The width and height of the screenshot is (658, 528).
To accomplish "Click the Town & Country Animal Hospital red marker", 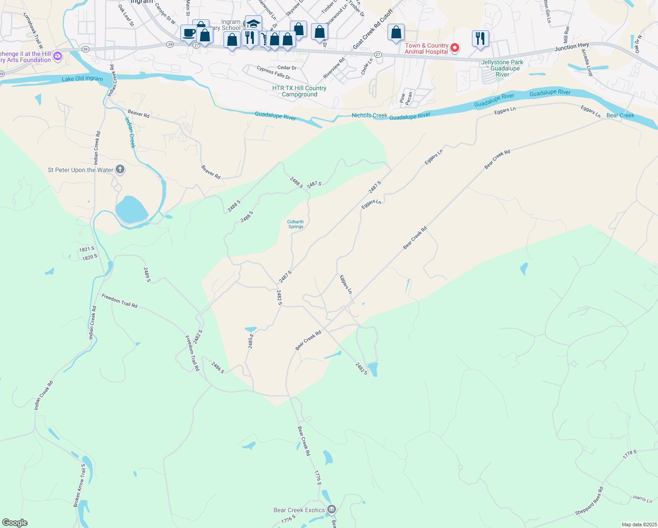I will point(455,48).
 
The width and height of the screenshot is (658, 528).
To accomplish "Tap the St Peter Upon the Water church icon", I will point(120,169).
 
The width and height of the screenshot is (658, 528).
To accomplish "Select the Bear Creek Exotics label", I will point(299,510).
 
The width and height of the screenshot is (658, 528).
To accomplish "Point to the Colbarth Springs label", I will point(296,224).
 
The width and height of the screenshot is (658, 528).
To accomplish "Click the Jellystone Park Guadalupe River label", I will point(502,68).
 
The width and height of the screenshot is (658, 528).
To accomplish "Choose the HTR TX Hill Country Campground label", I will point(299,91).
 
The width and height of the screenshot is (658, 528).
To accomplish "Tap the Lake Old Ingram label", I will point(82,79).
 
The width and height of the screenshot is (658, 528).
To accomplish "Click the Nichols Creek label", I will point(369,115).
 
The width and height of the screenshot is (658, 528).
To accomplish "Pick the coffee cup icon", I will point(189,33).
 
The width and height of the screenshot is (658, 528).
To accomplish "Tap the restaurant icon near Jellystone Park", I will point(480,38).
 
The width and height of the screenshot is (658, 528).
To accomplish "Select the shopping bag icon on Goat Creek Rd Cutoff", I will point(396,33).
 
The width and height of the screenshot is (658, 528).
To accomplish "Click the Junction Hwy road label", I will point(571,46).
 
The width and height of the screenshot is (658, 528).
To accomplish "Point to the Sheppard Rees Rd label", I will point(589,501).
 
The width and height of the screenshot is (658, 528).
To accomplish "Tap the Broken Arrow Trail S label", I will point(80,486).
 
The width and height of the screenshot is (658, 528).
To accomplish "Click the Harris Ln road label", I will point(643,499).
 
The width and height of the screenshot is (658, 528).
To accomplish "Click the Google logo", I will point(15,523).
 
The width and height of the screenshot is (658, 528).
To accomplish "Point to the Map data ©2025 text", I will point(639,524).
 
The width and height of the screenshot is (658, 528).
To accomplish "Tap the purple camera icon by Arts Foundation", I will point(58,56).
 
